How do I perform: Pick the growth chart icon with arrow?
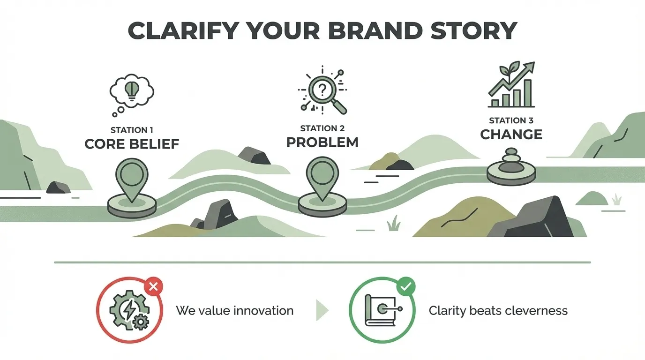coord(511,84)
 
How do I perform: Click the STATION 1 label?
coord(132,130)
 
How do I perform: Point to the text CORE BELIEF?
coord(132,143)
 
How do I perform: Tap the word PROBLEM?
coord(322,142)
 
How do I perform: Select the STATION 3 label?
coord(510,120)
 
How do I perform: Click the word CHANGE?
coord(511,135)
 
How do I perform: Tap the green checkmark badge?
coord(405,286)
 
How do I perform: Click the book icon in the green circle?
coord(381,311)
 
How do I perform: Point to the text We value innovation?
coord(235,310)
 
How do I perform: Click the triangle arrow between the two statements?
coord(322,310)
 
